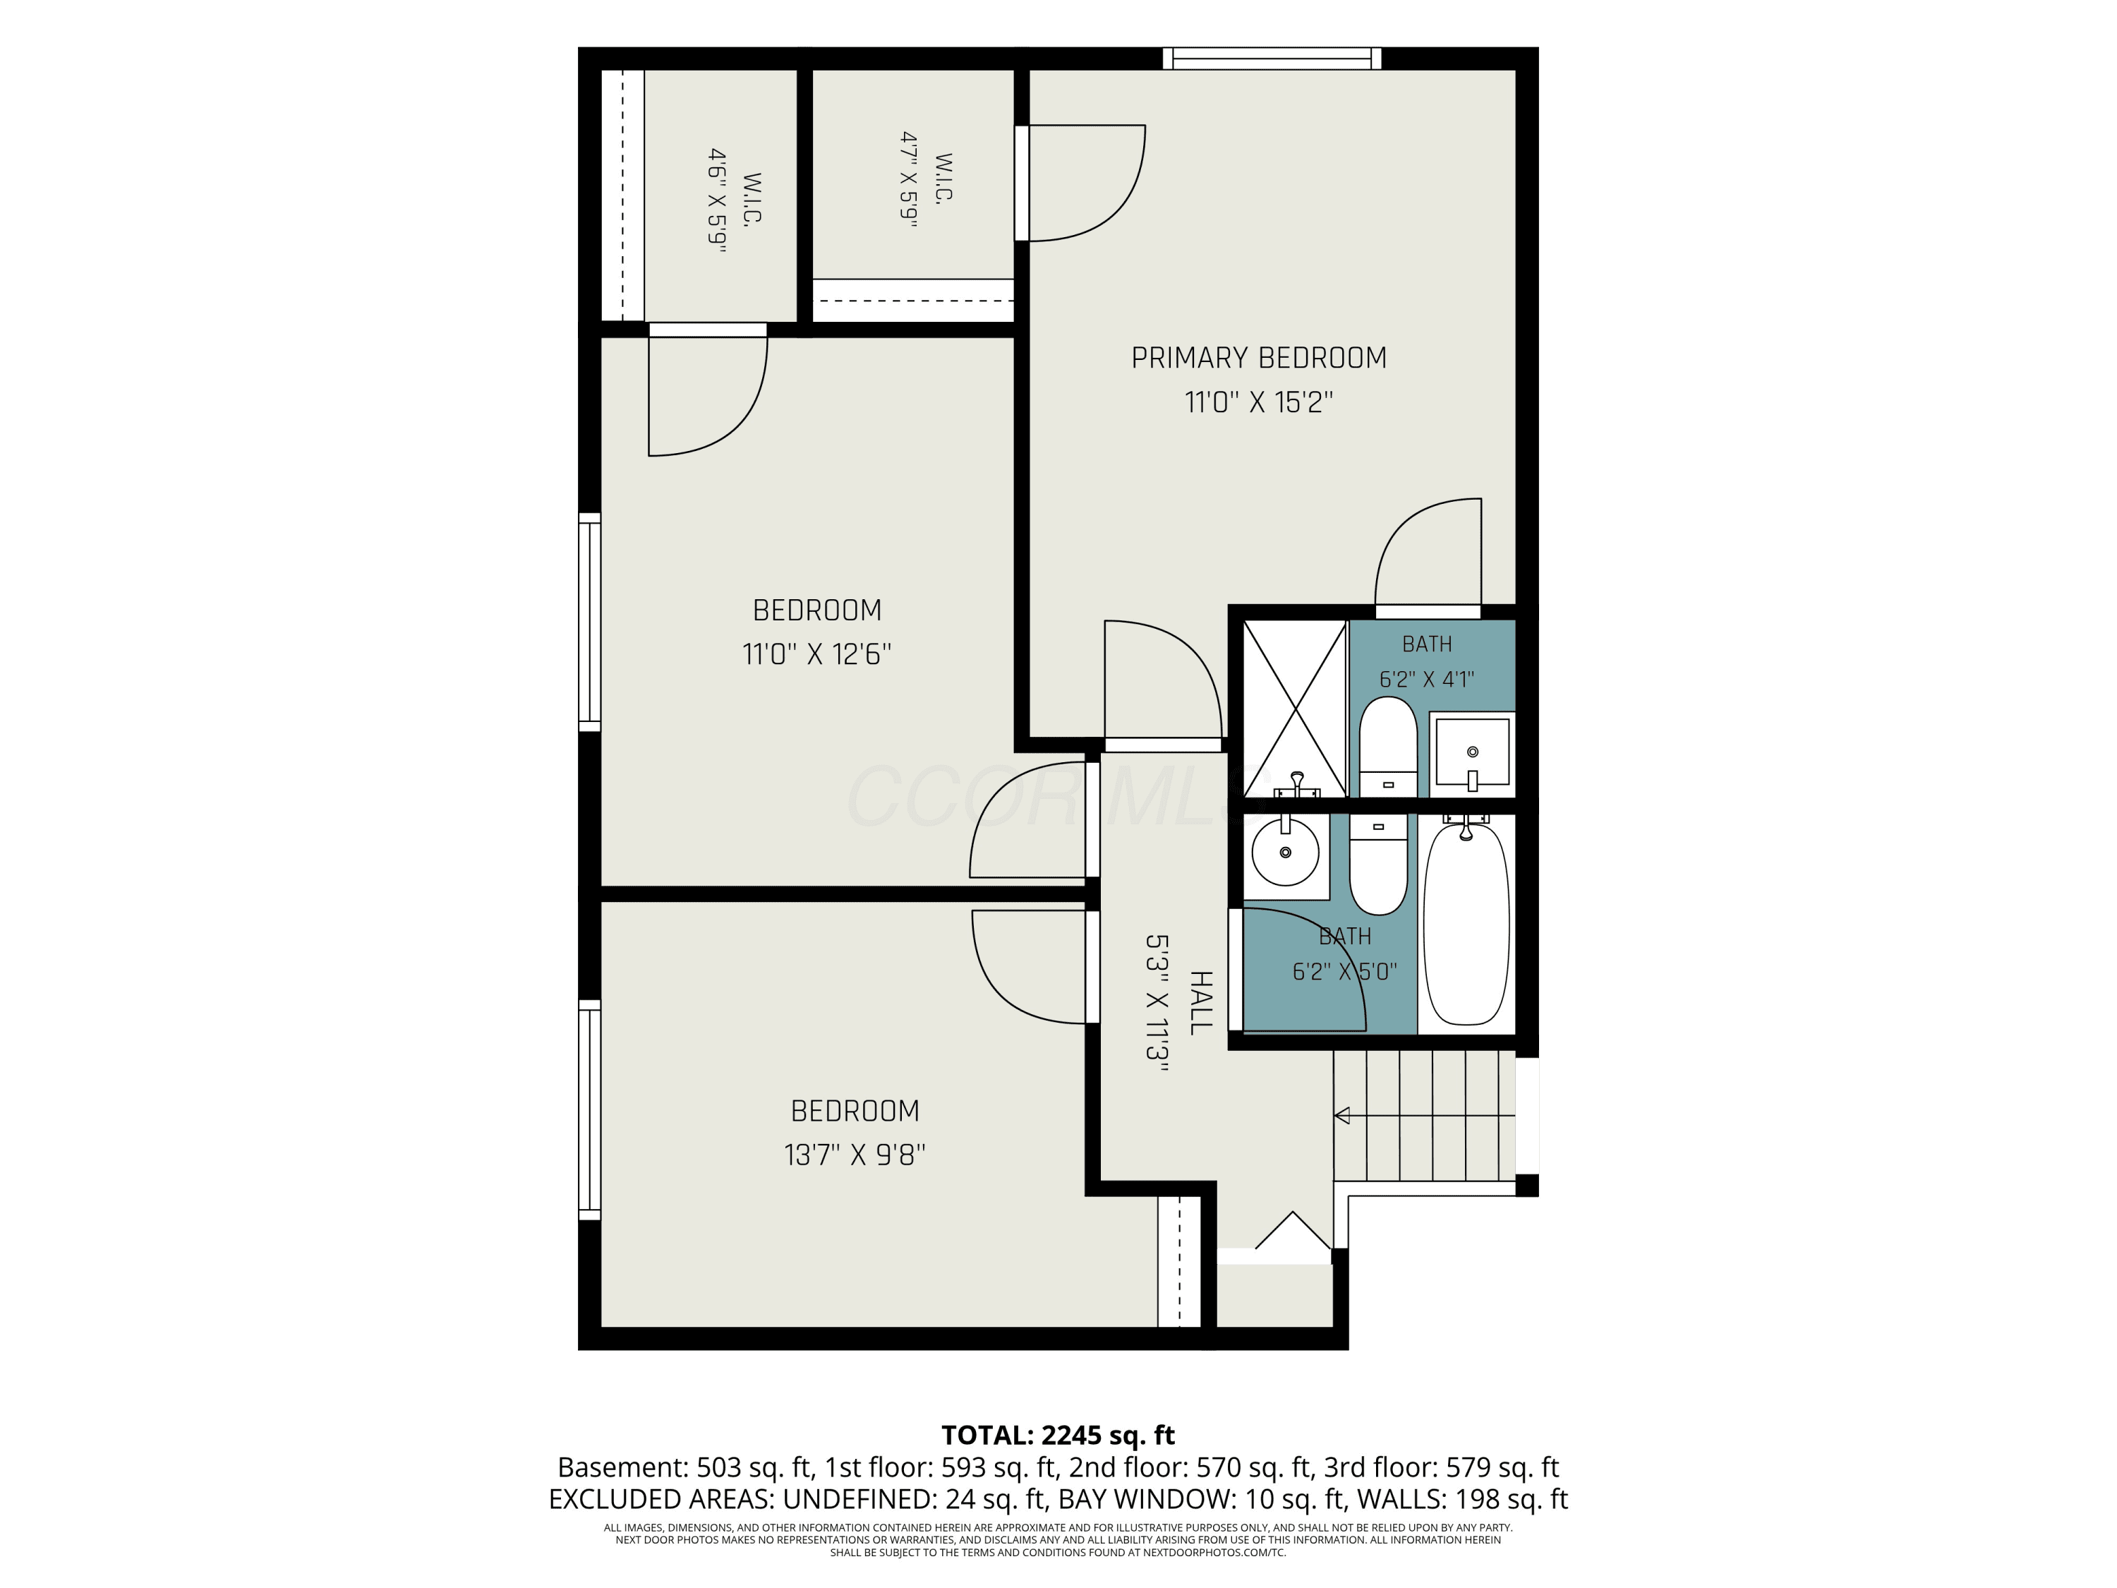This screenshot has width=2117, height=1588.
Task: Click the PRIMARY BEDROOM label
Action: click(x=1258, y=358)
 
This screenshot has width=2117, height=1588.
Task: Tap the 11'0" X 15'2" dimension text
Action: click(x=1258, y=402)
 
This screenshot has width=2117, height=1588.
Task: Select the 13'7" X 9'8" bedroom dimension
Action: click(x=855, y=1155)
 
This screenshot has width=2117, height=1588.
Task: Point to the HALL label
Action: click(x=1200, y=1003)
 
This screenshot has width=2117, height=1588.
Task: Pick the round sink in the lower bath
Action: click(x=1285, y=852)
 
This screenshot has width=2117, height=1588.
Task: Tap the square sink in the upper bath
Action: click(x=1473, y=754)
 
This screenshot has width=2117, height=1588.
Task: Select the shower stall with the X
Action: click(x=1295, y=709)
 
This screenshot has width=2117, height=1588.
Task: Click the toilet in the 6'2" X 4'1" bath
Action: click(x=1388, y=747)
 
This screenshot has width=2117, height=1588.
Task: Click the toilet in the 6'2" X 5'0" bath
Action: click(x=1378, y=865)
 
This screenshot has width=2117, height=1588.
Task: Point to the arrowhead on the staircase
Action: click(x=1341, y=1115)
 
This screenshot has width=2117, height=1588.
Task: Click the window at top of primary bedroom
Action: click(x=1272, y=59)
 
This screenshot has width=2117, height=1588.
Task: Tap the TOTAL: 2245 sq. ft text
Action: click(x=1058, y=1435)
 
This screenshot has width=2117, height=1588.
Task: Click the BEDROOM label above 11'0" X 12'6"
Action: click(x=816, y=610)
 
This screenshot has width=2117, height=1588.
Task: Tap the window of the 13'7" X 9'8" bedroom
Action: click(x=589, y=1109)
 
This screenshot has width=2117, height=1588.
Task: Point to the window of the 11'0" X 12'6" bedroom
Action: click(x=589, y=622)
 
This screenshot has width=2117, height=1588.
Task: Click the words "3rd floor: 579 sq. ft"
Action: click(x=1441, y=1467)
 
